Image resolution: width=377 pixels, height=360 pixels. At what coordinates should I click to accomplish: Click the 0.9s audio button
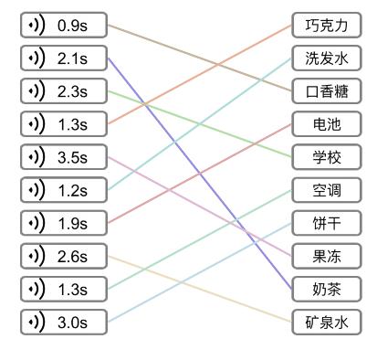point(64,26)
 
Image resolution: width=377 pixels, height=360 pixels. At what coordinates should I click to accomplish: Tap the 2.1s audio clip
point(64,58)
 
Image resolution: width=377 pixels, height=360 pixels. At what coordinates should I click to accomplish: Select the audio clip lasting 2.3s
point(64,91)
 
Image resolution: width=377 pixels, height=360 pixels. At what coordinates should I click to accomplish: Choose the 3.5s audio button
point(64,157)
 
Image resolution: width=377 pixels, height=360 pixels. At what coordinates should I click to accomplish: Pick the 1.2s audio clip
point(64,190)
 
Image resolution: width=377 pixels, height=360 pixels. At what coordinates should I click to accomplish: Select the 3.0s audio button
point(64,322)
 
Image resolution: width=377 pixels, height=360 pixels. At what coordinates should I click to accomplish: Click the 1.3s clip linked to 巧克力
point(64,124)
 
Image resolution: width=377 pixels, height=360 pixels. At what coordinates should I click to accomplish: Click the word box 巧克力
point(327,26)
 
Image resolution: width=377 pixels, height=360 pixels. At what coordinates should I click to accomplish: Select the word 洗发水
point(327,58)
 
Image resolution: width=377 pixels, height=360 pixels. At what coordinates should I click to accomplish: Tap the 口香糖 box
point(327,91)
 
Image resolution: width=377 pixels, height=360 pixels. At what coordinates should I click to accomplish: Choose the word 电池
point(327,124)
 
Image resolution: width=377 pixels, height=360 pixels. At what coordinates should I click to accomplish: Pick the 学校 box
point(327,157)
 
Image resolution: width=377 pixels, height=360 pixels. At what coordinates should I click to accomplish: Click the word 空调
point(327,190)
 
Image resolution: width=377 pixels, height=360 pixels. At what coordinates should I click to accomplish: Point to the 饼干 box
point(327,223)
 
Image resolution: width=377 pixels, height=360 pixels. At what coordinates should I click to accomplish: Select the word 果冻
point(327,256)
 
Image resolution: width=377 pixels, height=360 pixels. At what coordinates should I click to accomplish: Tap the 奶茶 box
point(327,289)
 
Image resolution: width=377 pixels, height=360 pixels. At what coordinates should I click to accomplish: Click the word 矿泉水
point(327,322)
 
